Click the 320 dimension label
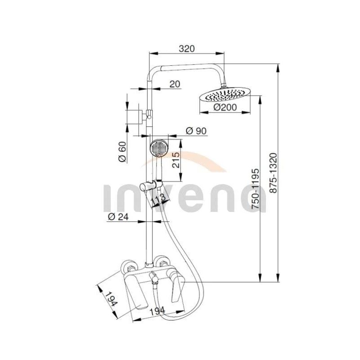pos(186,49)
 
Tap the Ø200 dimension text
pos(225,107)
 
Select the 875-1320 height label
pos(273,173)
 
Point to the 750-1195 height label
pos(255,189)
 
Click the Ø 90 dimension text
pos(196,131)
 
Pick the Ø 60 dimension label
pos(122,152)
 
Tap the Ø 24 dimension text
pos(118,216)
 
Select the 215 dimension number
pos(176,160)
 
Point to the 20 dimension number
pos(175,84)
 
